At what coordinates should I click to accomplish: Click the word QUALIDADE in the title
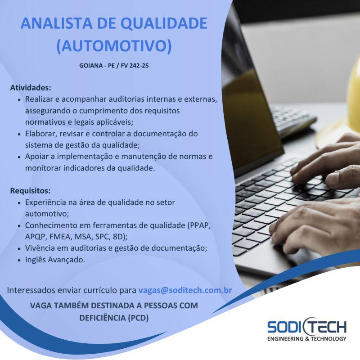(x=164, y=23)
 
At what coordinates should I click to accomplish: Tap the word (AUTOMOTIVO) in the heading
(x=114, y=45)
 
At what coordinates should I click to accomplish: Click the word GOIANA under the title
(x=91, y=66)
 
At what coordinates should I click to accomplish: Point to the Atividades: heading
(x=31, y=88)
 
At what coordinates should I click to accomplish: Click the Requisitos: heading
(x=30, y=191)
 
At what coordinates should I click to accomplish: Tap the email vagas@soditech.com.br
(x=185, y=290)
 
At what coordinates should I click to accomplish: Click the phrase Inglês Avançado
(x=55, y=260)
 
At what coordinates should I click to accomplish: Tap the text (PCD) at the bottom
(x=138, y=318)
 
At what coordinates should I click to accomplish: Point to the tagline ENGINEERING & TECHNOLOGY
(x=307, y=339)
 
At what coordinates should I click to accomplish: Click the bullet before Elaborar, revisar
(x=19, y=134)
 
